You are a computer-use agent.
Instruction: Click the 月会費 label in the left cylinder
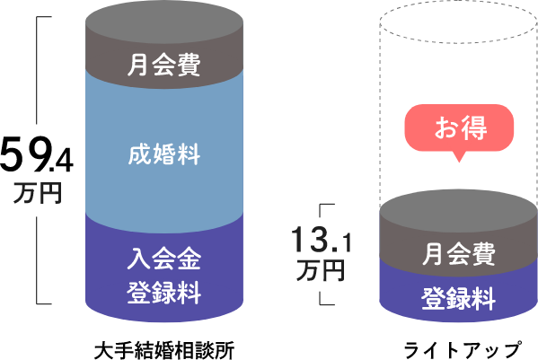point(163,66)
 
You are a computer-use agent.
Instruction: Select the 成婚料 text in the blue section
point(163,154)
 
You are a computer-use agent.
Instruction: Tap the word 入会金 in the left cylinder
point(163,260)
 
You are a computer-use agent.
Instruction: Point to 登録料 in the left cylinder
point(163,293)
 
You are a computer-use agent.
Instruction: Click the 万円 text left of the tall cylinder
point(37,194)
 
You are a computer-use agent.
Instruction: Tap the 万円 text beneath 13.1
point(321,270)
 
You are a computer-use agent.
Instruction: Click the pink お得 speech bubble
point(460,128)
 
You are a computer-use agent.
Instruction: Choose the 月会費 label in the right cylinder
point(459,255)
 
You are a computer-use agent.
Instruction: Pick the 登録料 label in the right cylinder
point(459,298)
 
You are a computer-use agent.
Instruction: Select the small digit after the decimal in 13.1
point(345,242)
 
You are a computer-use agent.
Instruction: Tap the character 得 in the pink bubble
point(473,128)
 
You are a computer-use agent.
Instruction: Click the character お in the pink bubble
point(446,128)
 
